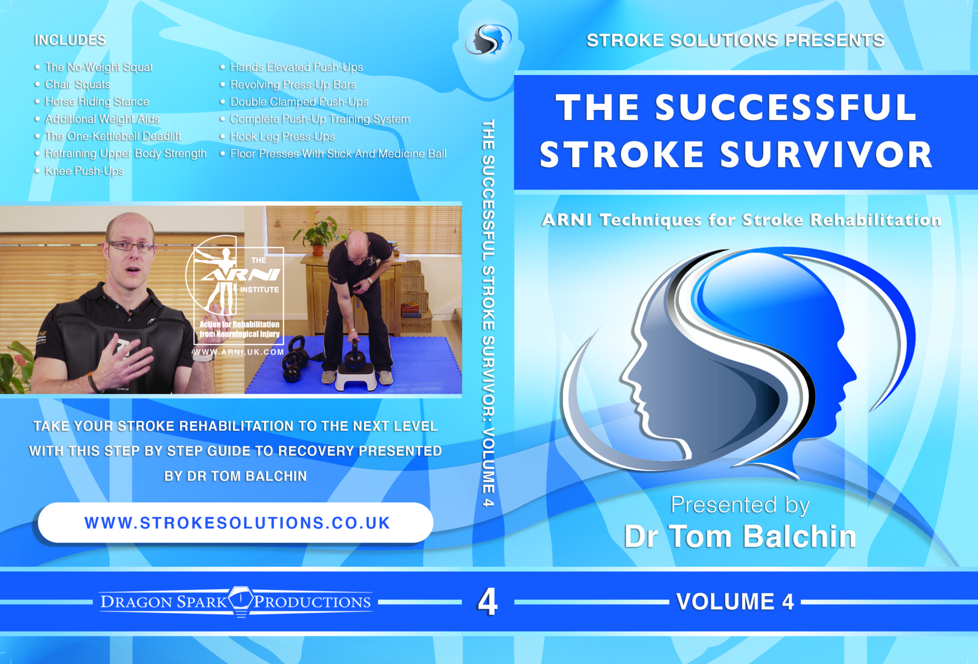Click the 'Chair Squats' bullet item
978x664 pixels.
tap(77, 85)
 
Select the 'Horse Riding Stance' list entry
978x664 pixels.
tap(97, 102)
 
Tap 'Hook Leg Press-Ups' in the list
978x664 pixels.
tap(282, 137)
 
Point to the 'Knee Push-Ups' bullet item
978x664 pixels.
tap(84, 171)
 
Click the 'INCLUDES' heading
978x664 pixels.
tap(70, 40)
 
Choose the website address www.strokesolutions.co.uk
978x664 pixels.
tap(237, 523)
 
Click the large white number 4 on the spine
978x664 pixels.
tap(488, 602)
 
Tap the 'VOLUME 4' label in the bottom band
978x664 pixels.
tap(735, 601)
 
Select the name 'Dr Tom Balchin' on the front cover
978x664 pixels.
tap(740, 536)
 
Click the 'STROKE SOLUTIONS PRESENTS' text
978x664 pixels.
tap(735, 41)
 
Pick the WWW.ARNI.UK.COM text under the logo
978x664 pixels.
tap(238, 352)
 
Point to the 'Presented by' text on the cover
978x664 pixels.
tap(740, 504)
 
